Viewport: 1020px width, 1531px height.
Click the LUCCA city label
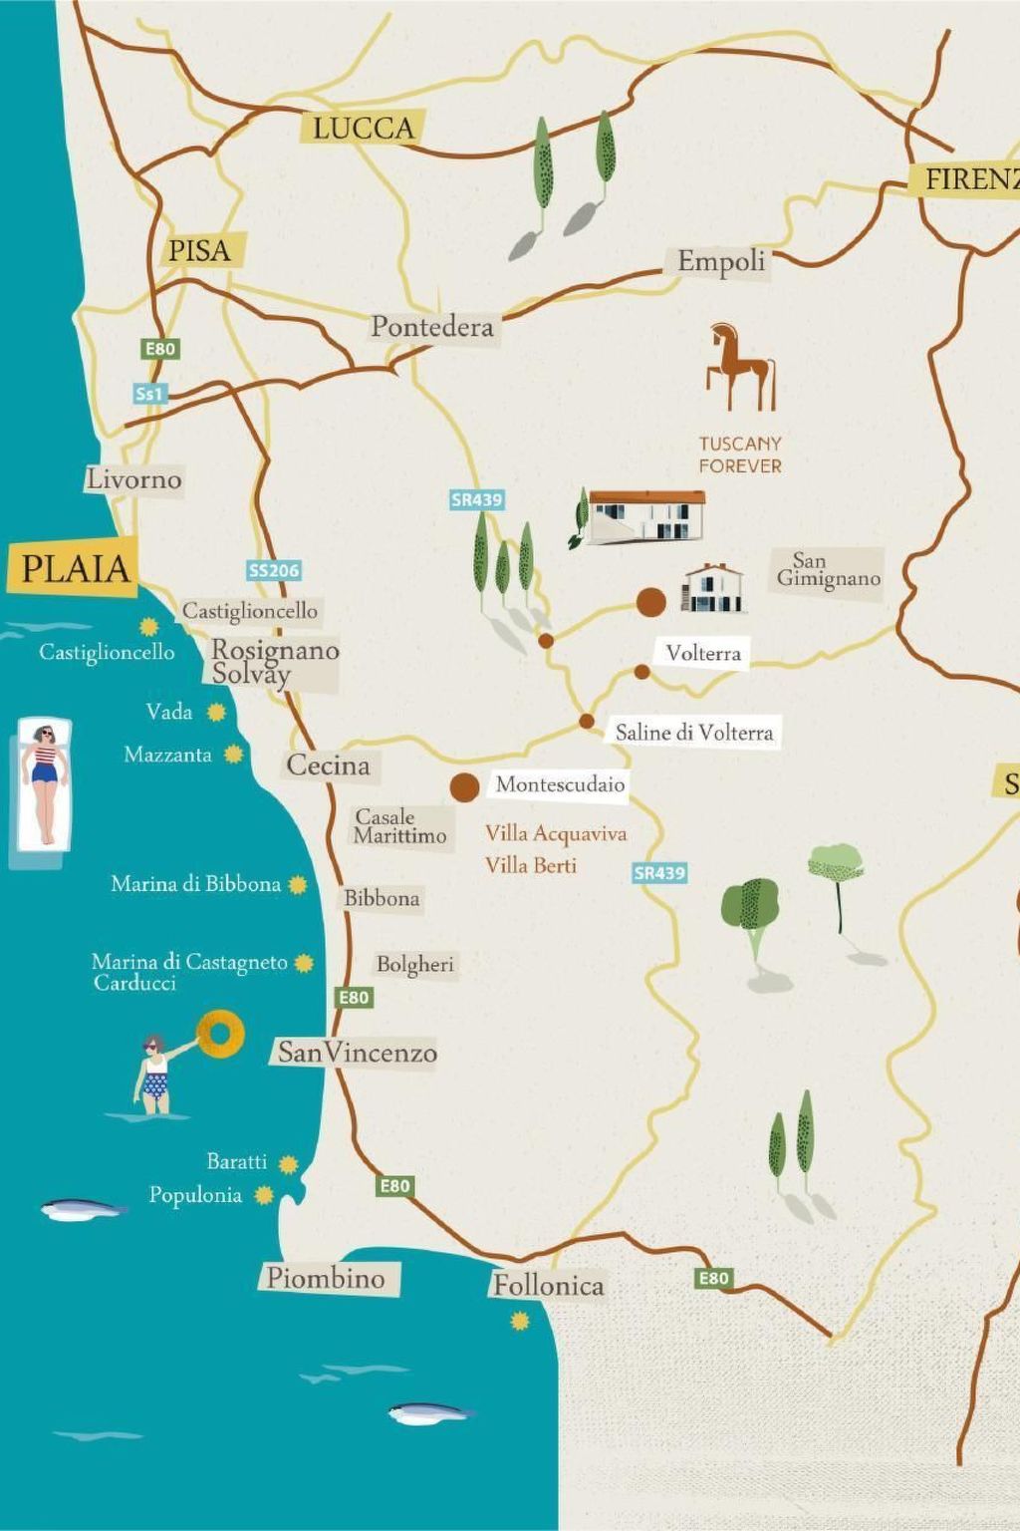point(363,128)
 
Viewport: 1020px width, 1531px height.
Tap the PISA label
point(199,250)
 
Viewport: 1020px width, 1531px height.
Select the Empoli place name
point(721,261)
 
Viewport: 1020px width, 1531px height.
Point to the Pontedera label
point(431,326)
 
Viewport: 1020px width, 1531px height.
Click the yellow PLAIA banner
point(75,568)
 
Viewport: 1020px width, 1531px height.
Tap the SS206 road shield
point(274,570)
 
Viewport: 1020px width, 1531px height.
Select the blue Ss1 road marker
point(149,394)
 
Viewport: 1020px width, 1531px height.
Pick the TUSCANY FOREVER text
point(739,455)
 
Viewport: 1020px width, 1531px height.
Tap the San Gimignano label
point(828,569)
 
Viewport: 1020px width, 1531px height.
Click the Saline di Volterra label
point(693,733)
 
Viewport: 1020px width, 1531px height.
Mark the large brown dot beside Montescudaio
point(464,787)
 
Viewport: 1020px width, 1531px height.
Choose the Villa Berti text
point(531,865)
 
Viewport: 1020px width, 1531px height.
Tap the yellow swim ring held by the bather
point(220,1034)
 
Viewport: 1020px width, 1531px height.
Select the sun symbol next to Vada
point(216,712)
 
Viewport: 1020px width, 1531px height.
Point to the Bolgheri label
point(414,964)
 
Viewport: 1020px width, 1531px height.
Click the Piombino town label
point(326,1278)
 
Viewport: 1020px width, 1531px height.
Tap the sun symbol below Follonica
point(520,1322)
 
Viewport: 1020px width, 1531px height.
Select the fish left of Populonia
point(84,1209)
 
